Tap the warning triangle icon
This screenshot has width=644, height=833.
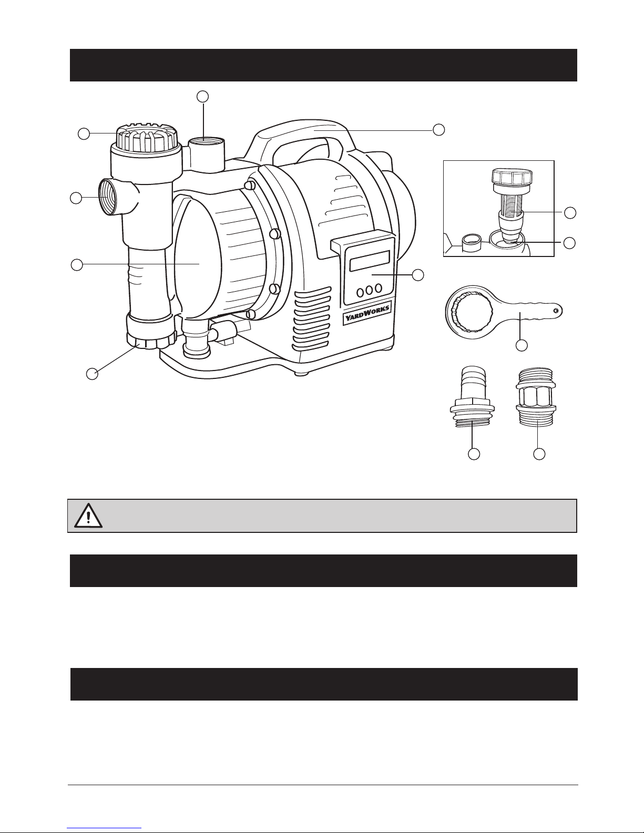click(x=88, y=516)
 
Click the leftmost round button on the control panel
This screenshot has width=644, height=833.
click(x=360, y=293)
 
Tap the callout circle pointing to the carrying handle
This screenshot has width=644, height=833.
click(x=439, y=130)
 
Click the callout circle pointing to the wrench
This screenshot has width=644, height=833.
click(x=522, y=345)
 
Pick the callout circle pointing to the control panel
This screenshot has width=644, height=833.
click(x=418, y=274)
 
